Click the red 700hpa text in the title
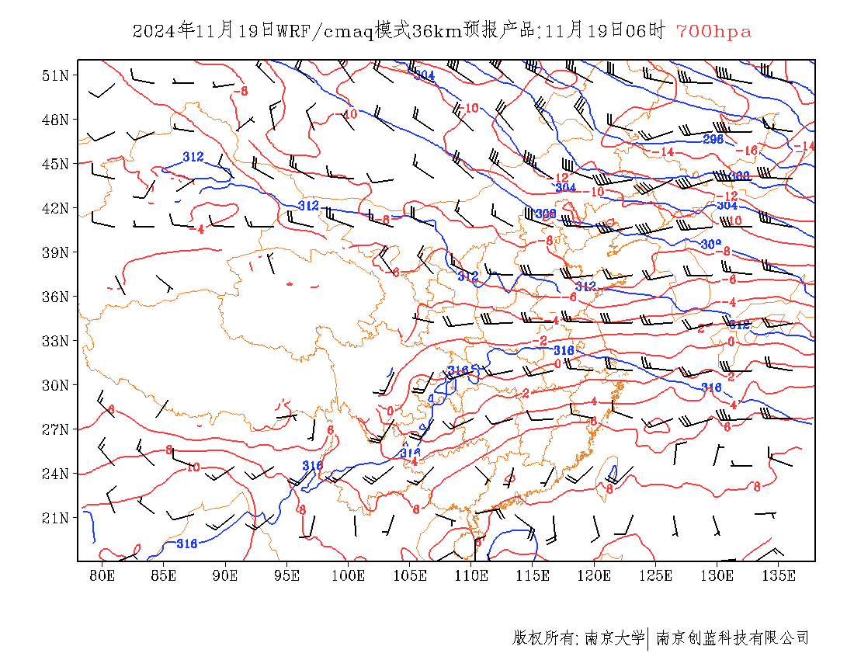click(713, 32)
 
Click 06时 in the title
click(647, 32)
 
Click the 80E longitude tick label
click(102, 575)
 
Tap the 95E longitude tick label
click(286, 575)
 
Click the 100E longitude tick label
click(349, 575)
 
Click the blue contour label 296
click(713, 139)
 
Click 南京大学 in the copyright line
click(614, 638)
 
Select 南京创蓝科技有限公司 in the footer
click(733, 638)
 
